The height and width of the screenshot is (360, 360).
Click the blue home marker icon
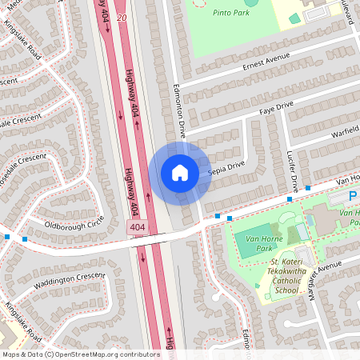coord(179,172)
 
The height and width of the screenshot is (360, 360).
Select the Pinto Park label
coord(230,13)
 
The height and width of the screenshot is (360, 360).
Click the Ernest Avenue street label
coord(265,62)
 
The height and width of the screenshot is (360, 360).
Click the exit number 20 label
coord(122,17)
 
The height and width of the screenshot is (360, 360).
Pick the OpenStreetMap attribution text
coord(80,354)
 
